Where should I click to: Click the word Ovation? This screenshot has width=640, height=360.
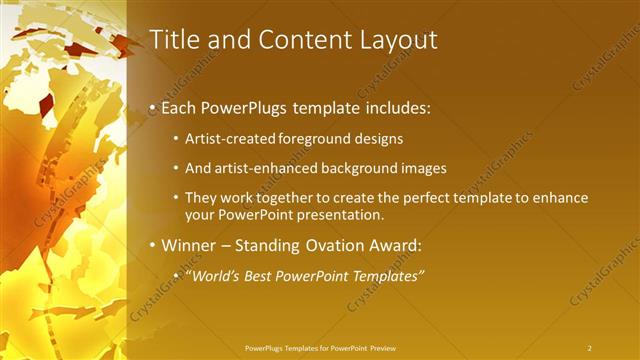click(345, 245)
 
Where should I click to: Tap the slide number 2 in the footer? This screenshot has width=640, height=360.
click(589, 347)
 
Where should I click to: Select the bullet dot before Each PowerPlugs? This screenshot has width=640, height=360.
click(152, 106)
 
